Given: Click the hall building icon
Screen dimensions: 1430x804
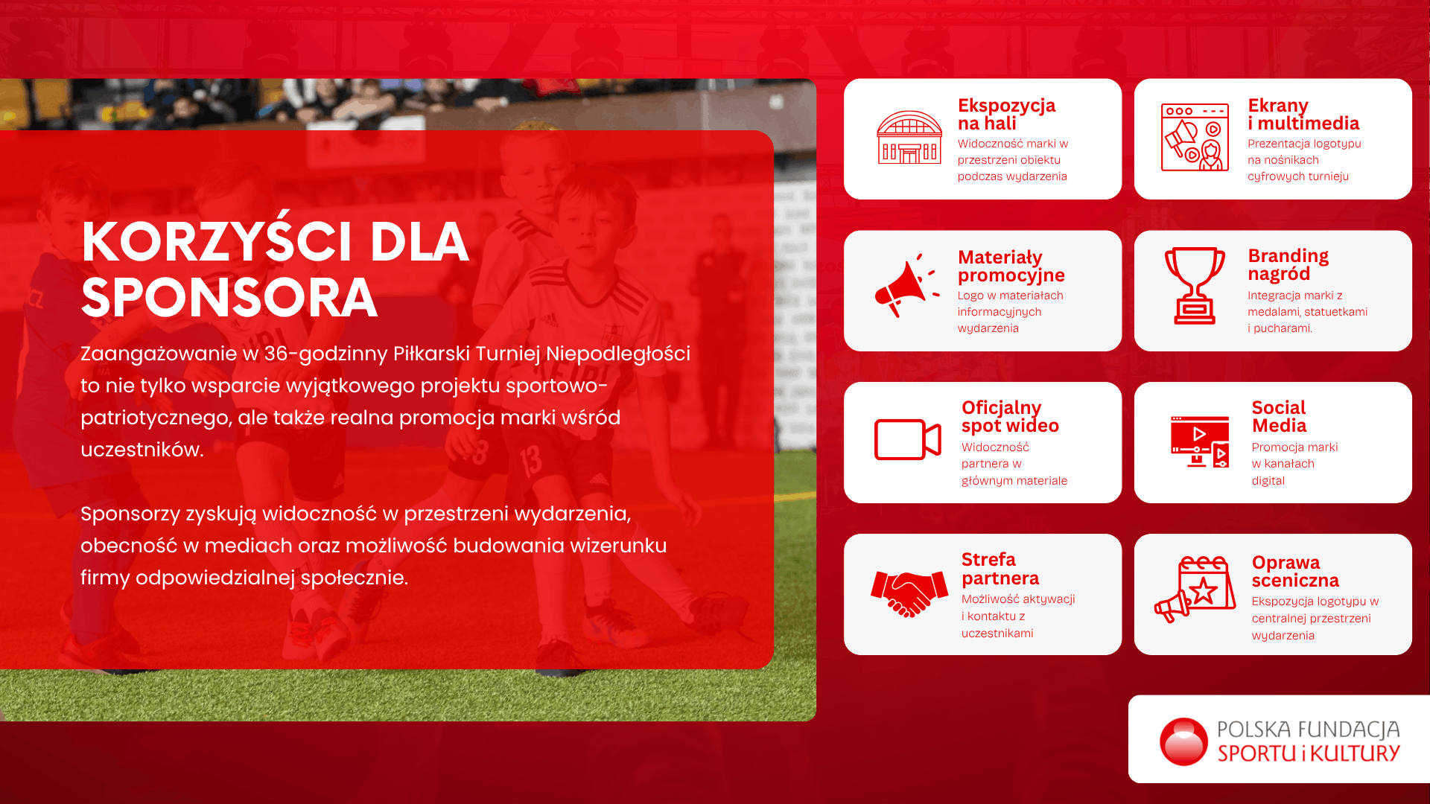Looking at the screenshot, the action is click(909, 138).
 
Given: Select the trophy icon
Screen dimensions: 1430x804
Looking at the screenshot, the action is click(1195, 286).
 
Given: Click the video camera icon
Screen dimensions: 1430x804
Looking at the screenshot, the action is click(908, 439).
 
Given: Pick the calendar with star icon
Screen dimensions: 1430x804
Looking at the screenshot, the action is click(1195, 589).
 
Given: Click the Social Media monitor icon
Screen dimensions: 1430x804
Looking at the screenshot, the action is click(1200, 442).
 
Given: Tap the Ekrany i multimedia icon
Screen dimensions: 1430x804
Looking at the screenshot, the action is click(1195, 138).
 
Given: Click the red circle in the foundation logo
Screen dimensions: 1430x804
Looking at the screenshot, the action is click(1183, 741).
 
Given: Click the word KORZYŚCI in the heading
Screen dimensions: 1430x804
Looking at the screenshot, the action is click(217, 241).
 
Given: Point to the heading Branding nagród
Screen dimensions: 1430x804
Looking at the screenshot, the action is click(1288, 265).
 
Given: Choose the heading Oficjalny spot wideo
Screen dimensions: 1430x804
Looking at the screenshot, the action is click(1010, 417).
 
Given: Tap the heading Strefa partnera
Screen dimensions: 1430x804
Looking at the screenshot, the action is click(1000, 569).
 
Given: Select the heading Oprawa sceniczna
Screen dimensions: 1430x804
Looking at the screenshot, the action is click(1295, 571).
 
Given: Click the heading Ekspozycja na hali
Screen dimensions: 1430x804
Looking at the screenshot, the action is click(1006, 115).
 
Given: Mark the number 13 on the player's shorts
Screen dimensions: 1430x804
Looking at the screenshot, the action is click(530, 462).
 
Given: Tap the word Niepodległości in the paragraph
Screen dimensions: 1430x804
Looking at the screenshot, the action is click(618, 354).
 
